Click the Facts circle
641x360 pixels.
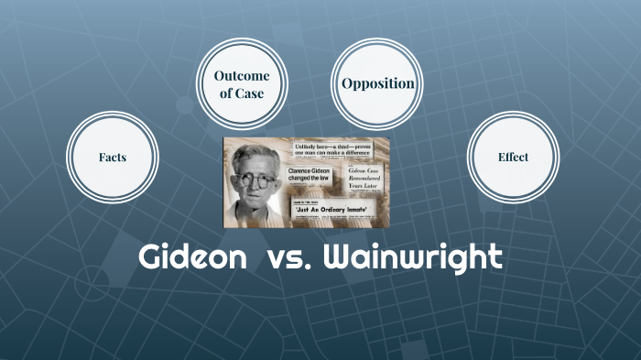[x=113, y=157]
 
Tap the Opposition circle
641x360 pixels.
[x=377, y=83]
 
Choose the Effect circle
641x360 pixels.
[x=513, y=157]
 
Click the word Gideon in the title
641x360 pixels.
[x=192, y=257]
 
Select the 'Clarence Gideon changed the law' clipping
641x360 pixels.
[x=309, y=175]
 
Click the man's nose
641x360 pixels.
[x=256, y=188]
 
